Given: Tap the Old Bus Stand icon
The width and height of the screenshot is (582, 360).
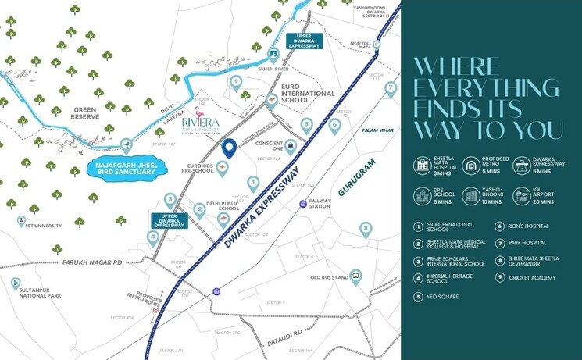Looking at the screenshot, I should [355, 276].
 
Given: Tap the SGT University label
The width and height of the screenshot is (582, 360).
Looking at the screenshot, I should [44, 225].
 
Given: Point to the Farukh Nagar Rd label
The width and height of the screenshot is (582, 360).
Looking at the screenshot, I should [94, 262].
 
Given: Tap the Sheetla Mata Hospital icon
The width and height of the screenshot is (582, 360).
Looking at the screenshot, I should [423, 165].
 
